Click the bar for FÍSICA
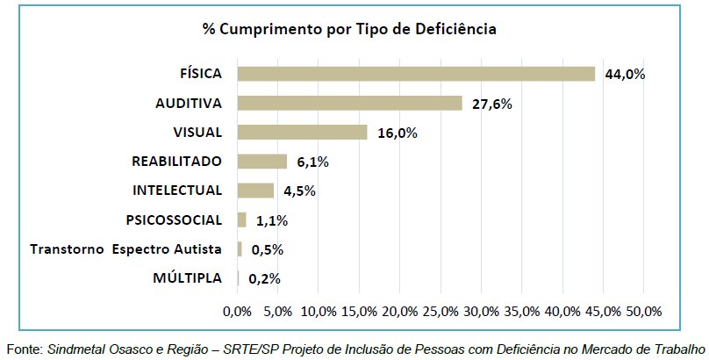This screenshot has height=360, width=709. point(416,74)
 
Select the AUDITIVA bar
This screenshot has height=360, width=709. point(349,103)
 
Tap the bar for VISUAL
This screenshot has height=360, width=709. point(302,132)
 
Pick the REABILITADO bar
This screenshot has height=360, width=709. point(262,162)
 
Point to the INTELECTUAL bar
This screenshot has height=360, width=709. point(255,191)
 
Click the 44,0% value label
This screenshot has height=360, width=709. point(625,75)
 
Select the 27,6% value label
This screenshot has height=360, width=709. point(491,104)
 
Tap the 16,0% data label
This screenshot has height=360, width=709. point(397,133)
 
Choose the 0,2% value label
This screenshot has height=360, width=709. point(264,278)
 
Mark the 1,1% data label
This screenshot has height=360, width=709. point(272,220)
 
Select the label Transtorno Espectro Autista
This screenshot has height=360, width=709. point(125,249)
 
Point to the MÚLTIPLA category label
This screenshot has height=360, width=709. point(187,278)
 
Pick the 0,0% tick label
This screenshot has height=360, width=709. point(238,311)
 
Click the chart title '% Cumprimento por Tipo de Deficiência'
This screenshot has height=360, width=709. point(349,29)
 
